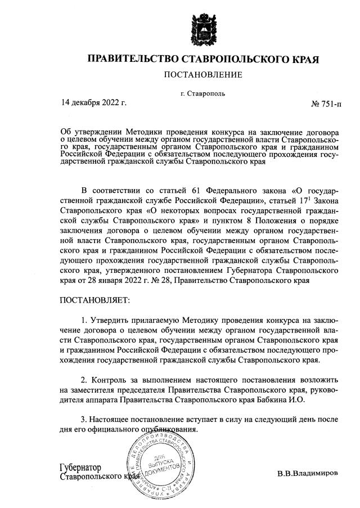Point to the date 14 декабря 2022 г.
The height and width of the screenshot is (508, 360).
point(94,102)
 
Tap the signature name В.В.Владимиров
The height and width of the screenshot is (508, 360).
point(308,473)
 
